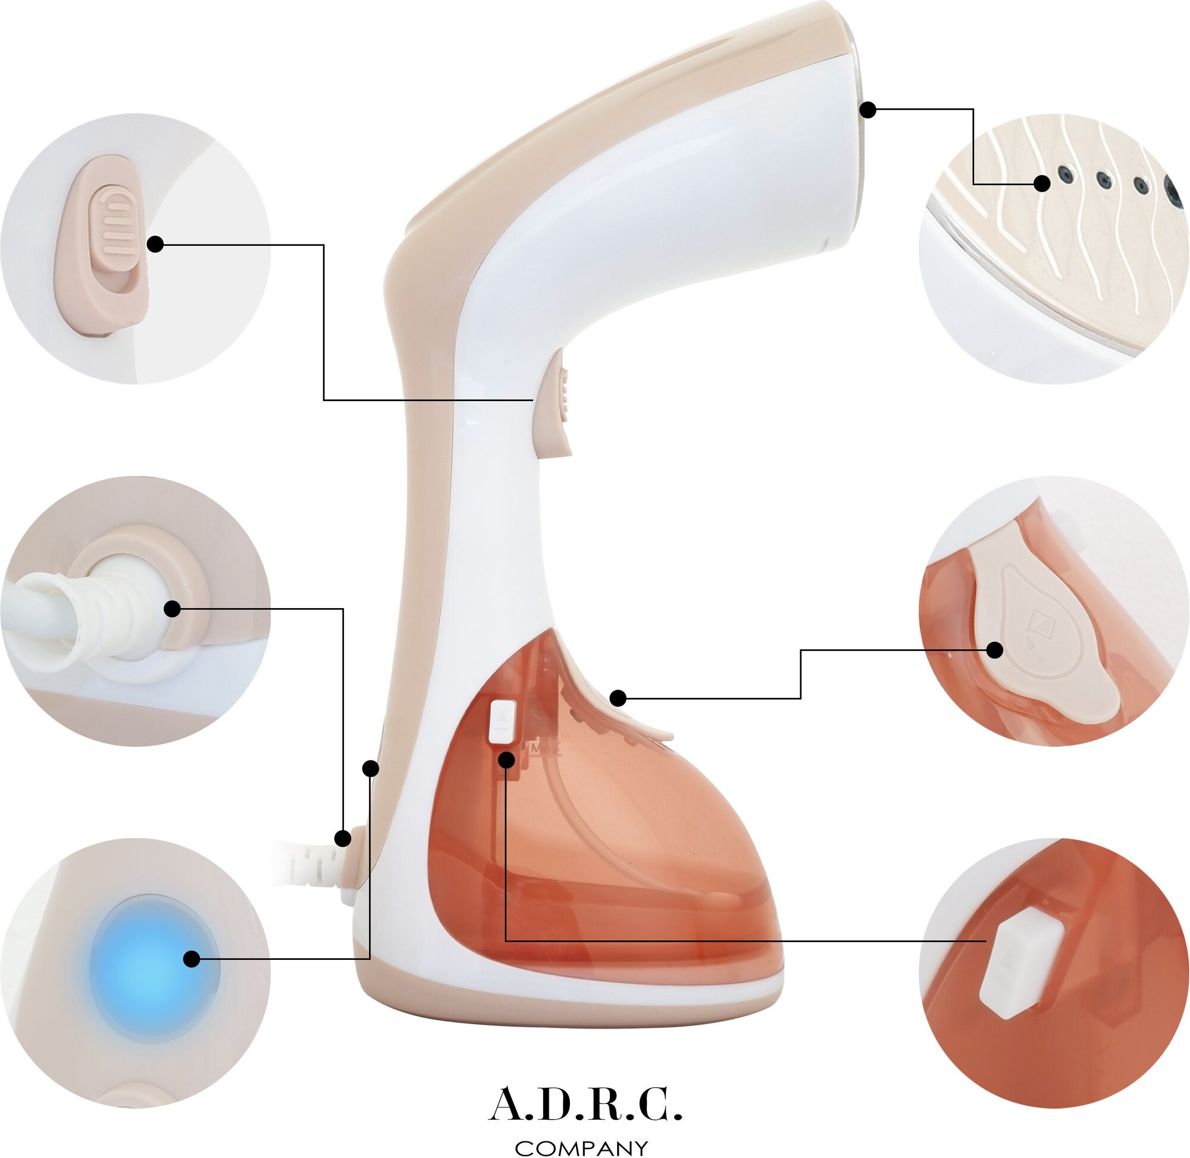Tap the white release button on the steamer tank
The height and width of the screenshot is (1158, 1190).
pyautogui.click(x=502, y=722)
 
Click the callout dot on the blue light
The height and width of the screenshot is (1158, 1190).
pyautogui.click(x=192, y=959)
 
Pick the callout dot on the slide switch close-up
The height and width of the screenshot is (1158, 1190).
pyautogui.click(x=156, y=245)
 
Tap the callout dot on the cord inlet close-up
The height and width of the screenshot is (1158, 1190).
pyautogui.click(x=173, y=608)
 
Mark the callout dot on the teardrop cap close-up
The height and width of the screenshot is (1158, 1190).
pyautogui.click(x=994, y=650)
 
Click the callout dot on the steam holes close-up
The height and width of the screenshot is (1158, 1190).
pyautogui.click(x=1042, y=183)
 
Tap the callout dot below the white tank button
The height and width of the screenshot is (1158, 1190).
pyautogui.click(x=506, y=760)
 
